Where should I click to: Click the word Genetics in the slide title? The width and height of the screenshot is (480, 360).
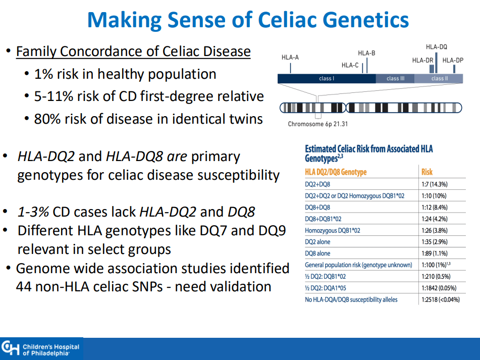(x=366, y=20)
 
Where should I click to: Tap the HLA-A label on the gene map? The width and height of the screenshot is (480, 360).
(x=290, y=57)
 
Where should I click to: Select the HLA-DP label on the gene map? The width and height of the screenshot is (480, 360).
(x=453, y=60)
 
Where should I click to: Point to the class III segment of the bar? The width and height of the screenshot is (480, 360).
(x=395, y=78)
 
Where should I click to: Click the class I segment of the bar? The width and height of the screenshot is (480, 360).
(x=327, y=78)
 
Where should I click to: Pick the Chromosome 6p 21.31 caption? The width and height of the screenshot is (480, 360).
(x=318, y=124)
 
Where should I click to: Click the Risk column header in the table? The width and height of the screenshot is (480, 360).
(x=426, y=172)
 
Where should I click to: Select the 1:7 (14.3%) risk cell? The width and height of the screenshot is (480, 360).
(x=435, y=184)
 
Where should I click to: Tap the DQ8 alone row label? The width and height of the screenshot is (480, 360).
(x=317, y=253)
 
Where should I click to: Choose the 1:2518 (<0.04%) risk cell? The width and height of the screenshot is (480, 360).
(x=441, y=300)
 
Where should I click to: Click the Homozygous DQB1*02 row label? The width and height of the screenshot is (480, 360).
(x=333, y=231)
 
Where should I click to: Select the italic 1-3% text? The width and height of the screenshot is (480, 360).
(x=33, y=212)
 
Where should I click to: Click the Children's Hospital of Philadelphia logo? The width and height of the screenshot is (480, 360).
(x=41, y=349)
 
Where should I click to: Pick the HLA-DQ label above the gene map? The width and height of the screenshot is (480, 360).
(x=437, y=47)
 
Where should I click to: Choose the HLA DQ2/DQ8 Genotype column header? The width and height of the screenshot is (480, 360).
(x=336, y=172)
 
